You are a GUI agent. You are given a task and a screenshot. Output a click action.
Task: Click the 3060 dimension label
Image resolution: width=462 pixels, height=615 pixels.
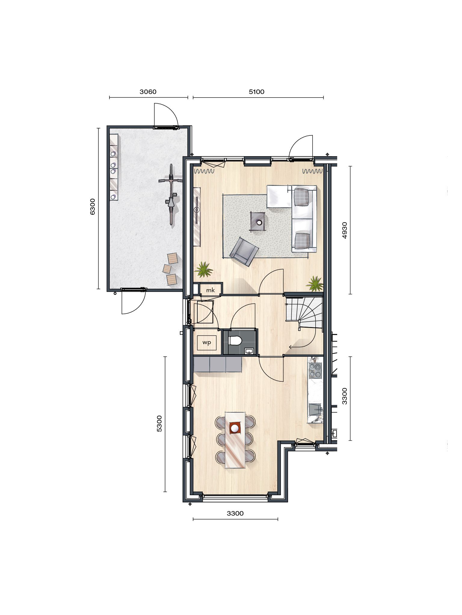pyautogui.click(x=148, y=92)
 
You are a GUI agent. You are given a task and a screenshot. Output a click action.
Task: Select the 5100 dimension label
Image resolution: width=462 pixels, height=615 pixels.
pyautogui.click(x=257, y=92)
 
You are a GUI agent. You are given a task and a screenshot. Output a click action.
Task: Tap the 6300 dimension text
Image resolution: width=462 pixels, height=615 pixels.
pyautogui.click(x=93, y=206)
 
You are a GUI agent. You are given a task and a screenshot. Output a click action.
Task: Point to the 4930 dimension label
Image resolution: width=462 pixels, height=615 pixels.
pyautogui.click(x=345, y=230)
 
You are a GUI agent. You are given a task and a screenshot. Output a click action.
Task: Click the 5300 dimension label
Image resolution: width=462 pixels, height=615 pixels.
pyautogui.click(x=159, y=423)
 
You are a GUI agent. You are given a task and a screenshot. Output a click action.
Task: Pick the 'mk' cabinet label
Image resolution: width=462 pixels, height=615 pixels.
pyautogui.click(x=211, y=290)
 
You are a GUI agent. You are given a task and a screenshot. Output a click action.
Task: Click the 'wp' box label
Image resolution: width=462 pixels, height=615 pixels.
pyautogui.click(x=207, y=343)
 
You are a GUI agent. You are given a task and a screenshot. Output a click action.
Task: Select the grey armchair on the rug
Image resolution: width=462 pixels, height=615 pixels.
pyautogui.click(x=244, y=251)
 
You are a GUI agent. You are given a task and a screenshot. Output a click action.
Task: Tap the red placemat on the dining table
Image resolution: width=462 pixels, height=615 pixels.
pyautogui.click(x=236, y=428)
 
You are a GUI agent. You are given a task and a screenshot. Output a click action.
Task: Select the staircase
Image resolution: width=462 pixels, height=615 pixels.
pyautogui.click(x=304, y=312)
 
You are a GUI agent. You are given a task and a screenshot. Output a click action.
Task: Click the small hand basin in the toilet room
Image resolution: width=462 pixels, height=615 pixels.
pyautogui.click(x=249, y=350)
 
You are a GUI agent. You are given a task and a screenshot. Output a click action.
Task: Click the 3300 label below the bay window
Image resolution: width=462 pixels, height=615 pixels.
pyautogui.click(x=235, y=514)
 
